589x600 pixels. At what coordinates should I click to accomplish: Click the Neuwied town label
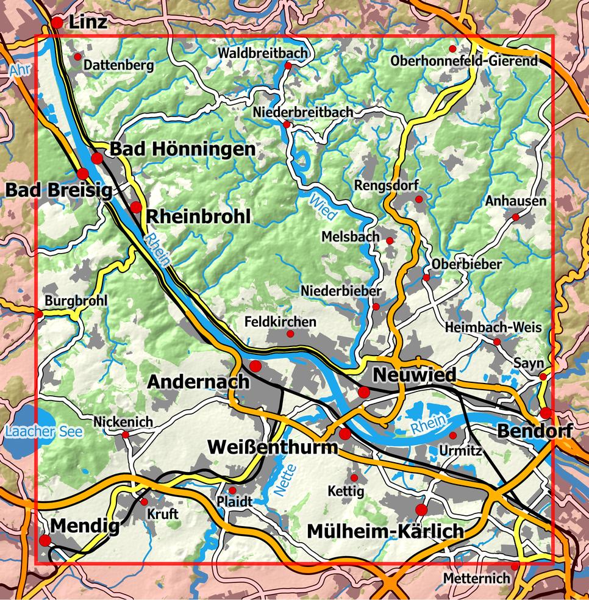(x=415, y=374)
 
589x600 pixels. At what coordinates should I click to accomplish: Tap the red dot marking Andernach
(x=255, y=366)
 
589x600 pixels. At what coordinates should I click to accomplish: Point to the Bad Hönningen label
(x=182, y=149)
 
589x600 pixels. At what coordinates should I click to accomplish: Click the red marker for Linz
(x=56, y=23)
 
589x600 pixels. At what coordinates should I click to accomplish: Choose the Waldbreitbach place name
(x=262, y=54)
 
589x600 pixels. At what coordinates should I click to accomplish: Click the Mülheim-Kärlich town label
(x=385, y=532)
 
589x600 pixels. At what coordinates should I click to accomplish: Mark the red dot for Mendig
(x=45, y=540)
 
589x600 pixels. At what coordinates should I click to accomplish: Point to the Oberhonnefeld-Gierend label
(x=465, y=61)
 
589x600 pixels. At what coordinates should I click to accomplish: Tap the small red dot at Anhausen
(x=515, y=216)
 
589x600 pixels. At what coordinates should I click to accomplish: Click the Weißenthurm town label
(x=273, y=447)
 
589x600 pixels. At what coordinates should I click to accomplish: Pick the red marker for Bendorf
(x=545, y=413)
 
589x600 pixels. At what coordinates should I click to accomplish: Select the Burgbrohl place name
(x=76, y=301)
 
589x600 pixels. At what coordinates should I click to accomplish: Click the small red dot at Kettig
(x=354, y=477)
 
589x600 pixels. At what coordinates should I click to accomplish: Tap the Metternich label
(x=476, y=577)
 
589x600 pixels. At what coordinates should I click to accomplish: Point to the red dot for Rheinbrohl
(x=135, y=207)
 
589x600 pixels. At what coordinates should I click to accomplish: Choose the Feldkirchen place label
(x=280, y=321)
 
